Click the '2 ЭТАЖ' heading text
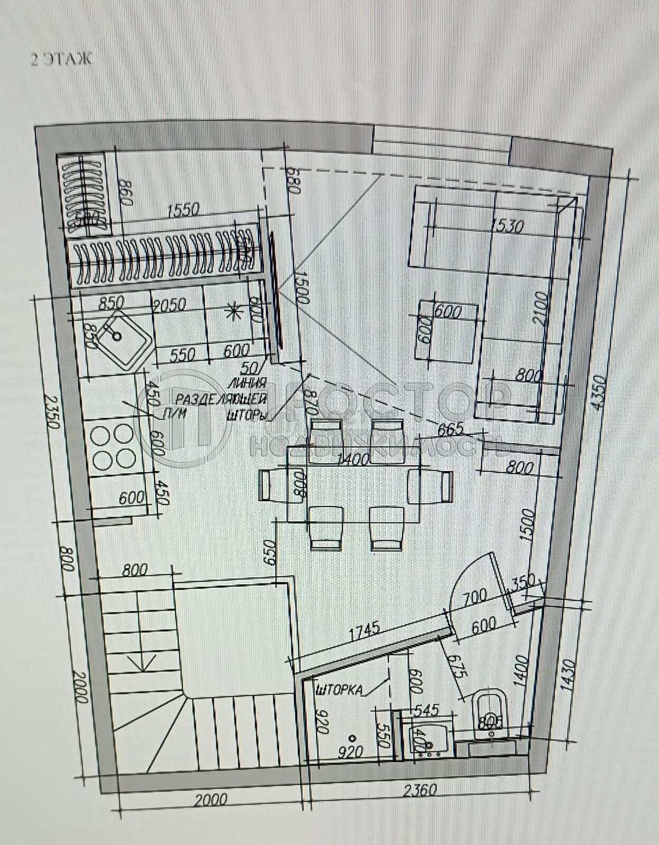[x=61, y=59]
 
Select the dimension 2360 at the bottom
[x=420, y=791]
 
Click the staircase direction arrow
[x=141, y=661]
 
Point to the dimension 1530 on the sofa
[x=507, y=226]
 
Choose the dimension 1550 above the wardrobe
[x=183, y=210]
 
